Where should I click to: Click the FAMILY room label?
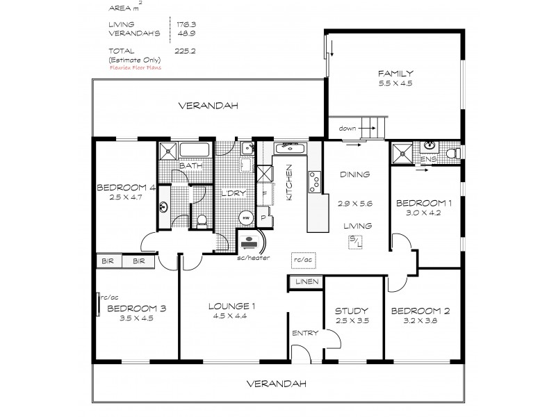click(x=395, y=73)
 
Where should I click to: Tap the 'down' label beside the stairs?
click(x=347, y=129)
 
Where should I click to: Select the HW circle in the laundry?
click(x=245, y=217)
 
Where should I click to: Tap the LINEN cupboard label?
click(x=306, y=281)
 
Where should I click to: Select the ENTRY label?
click(x=305, y=333)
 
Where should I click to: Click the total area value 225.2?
click(x=183, y=51)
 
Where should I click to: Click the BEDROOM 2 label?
click(x=420, y=311)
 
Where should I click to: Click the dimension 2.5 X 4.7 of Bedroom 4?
click(x=126, y=197)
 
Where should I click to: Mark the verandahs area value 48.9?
click(x=183, y=33)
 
